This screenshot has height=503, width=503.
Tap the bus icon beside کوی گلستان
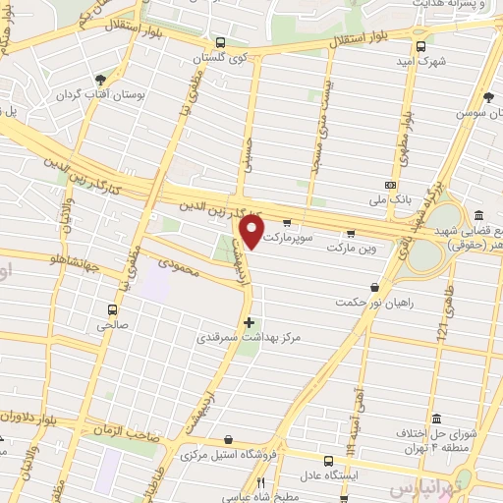[221, 43]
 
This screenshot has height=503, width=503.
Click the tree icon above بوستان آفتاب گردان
[100, 79]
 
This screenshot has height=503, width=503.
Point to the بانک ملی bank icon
[391, 185]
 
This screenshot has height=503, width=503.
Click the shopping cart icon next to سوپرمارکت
[287, 222]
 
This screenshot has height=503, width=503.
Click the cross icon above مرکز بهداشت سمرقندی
[249, 321]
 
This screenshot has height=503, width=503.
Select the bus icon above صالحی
[105, 307]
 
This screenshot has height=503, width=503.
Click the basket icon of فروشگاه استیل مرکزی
[229, 439]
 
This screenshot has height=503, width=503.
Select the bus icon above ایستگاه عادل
[329, 458]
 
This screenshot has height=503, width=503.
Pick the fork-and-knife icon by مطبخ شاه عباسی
[260, 482]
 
